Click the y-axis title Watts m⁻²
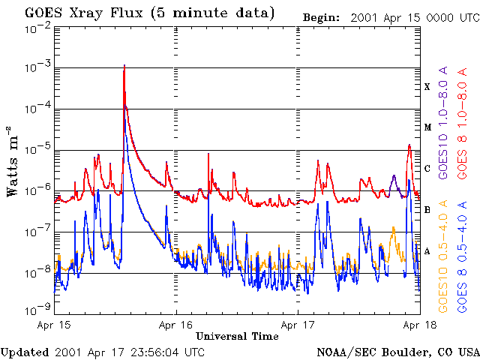click(x=13, y=162)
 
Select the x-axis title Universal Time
click(x=238, y=336)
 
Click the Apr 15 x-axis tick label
click(x=55, y=325)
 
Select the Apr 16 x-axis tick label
click(x=177, y=325)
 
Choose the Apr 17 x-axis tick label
click(x=298, y=325)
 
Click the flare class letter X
click(x=427, y=87)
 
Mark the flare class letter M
click(x=427, y=127)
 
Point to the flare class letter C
click(x=427, y=169)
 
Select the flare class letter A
click(x=427, y=251)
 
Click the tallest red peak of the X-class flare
click(x=124, y=66)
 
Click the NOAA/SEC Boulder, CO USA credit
click(x=397, y=352)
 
